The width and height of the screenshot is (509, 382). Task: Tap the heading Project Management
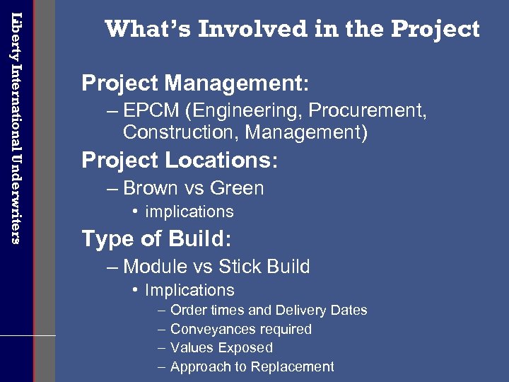(x=194, y=83)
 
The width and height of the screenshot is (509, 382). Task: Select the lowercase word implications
(x=189, y=212)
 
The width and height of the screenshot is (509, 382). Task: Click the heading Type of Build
(x=156, y=239)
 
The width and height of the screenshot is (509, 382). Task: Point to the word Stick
(x=239, y=267)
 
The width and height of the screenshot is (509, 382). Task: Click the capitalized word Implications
(x=189, y=290)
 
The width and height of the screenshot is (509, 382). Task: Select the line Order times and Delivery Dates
(x=269, y=310)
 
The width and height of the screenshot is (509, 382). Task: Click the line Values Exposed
(x=221, y=347)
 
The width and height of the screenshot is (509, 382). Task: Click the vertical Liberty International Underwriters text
(x=16, y=127)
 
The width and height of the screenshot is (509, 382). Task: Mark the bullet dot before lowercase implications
(x=135, y=212)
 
